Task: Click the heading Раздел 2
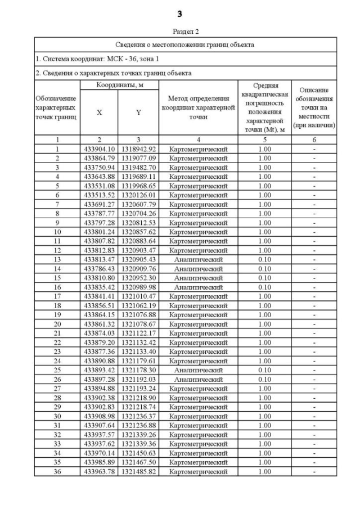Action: (179, 31)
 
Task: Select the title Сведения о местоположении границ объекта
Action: (186, 44)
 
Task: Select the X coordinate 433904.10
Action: (99, 149)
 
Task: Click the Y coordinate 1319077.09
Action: (138, 159)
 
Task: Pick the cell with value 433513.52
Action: (99, 195)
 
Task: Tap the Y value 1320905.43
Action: (138, 259)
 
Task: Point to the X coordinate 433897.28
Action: (99, 379)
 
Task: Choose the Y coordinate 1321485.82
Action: (138, 471)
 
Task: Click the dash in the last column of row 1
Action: (314, 149)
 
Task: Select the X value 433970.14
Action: (99, 453)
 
